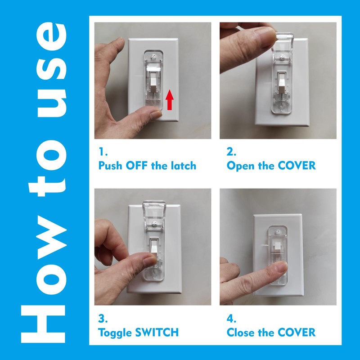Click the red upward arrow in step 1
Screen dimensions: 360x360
pyautogui.click(x=170, y=99)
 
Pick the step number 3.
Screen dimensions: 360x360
pyautogui.click(x=102, y=319)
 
